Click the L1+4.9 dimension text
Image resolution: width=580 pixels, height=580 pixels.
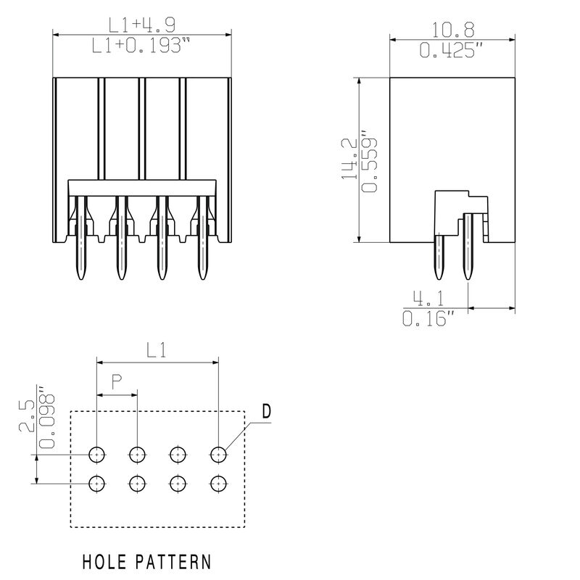(141, 25)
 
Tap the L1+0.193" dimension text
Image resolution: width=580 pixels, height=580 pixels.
(141, 46)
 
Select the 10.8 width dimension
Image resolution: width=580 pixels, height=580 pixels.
(453, 30)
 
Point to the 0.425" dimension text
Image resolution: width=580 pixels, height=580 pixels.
(451, 50)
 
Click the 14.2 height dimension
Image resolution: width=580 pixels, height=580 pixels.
(349, 159)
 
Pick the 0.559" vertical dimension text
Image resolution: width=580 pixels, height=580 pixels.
(369, 161)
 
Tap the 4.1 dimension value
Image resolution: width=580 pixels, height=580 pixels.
(428, 299)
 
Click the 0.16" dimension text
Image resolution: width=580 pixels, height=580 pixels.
(428, 318)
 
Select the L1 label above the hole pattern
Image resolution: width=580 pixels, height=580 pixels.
(157, 350)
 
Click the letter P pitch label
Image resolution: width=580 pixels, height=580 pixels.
(117, 382)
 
